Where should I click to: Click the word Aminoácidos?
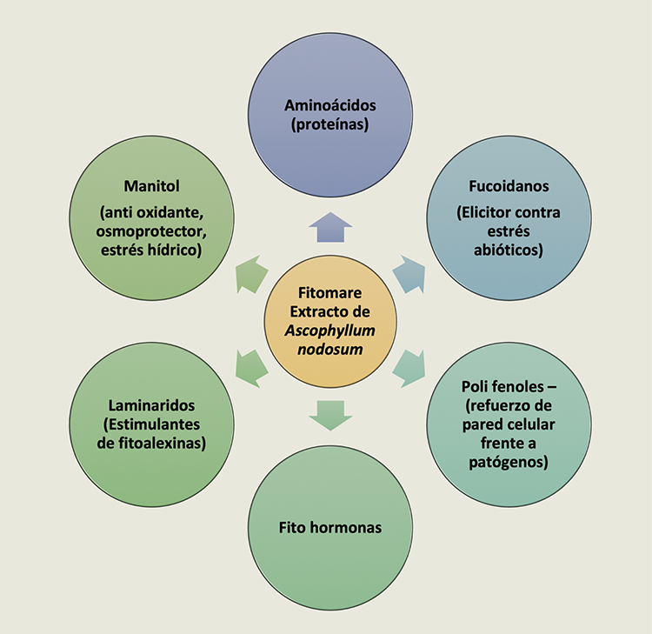pyautogui.click(x=330, y=105)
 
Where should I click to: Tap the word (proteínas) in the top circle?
pyautogui.click(x=330, y=124)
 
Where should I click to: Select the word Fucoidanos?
pyautogui.click(x=509, y=186)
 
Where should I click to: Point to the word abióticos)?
pyautogui.click(x=509, y=250)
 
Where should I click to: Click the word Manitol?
pyautogui.click(x=152, y=186)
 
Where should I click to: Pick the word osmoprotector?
pyautogui.click(x=151, y=231)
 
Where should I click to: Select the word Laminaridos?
pyautogui.click(x=152, y=405)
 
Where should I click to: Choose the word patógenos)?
pyautogui.click(x=509, y=462)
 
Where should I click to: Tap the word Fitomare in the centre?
pyautogui.click(x=330, y=293)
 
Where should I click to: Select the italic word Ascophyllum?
pyautogui.click(x=330, y=330)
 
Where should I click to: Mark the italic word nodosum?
pyautogui.click(x=330, y=350)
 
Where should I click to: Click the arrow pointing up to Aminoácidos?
pyautogui.click(x=330, y=227)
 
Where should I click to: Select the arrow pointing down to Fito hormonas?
pyautogui.click(x=330, y=416)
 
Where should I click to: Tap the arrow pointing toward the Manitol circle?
pyautogui.click(x=250, y=275)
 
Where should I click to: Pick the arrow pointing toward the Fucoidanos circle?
pyautogui.click(x=409, y=275)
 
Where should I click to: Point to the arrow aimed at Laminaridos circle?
pyautogui.click(x=250, y=369)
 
